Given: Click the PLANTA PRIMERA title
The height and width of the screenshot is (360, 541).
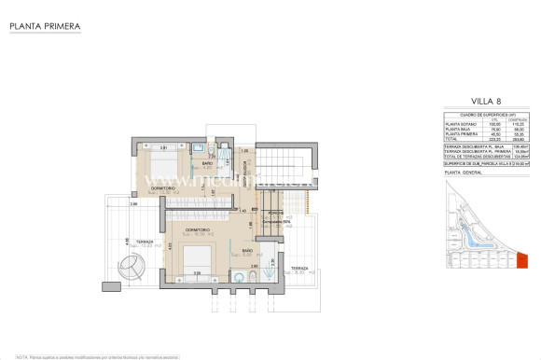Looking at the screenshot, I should [x=43, y=27].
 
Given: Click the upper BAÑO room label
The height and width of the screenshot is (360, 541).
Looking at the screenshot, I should [x=207, y=164].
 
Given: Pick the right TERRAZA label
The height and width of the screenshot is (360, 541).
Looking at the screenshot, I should [x=298, y=269].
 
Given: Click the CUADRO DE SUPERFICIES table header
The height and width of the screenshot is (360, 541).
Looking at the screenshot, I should [x=482, y=114].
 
